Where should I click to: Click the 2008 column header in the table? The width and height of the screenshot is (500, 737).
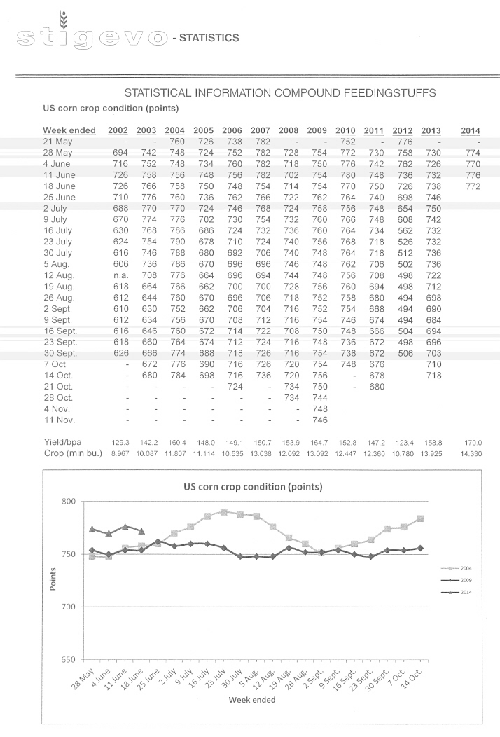289,130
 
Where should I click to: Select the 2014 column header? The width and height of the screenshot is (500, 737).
471,130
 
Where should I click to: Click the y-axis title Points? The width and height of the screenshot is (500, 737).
53,579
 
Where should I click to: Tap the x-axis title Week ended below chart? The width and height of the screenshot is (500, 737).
251,699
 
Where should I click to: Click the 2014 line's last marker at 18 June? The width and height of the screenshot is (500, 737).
141,531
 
